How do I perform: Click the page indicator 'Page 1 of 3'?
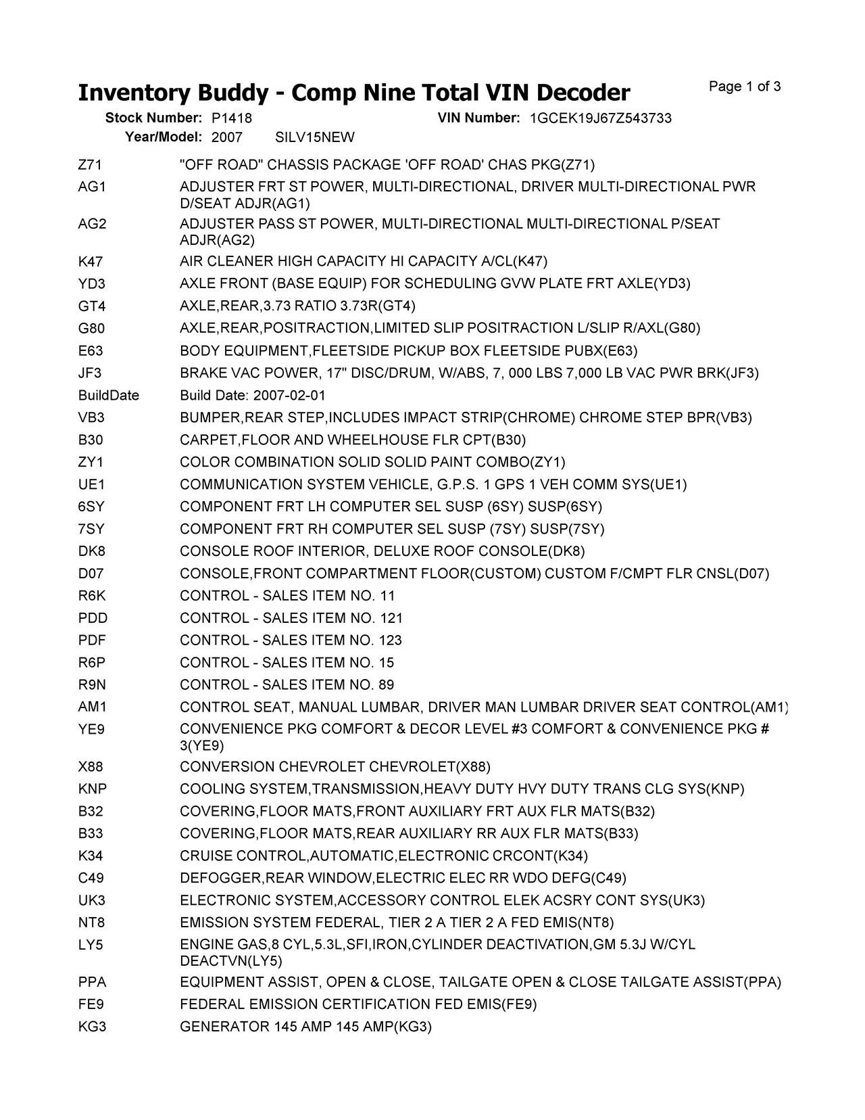tap(745, 87)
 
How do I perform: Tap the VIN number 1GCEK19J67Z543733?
tap(600, 118)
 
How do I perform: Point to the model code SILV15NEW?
tap(314, 138)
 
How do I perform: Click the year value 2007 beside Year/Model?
tap(226, 138)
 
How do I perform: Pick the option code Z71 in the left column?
tap(90, 165)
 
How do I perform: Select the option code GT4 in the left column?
tap(92, 306)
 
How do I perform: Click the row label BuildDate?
tap(109, 395)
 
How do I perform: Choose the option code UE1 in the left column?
tap(92, 484)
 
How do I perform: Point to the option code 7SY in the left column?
tap(91, 529)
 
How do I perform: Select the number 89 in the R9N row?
tap(387, 684)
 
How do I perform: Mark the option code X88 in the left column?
tap(91, 767)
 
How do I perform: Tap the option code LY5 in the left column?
tap(91, 945)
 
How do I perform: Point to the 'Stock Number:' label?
tap(153, 118)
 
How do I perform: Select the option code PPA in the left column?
tap(92, 982)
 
